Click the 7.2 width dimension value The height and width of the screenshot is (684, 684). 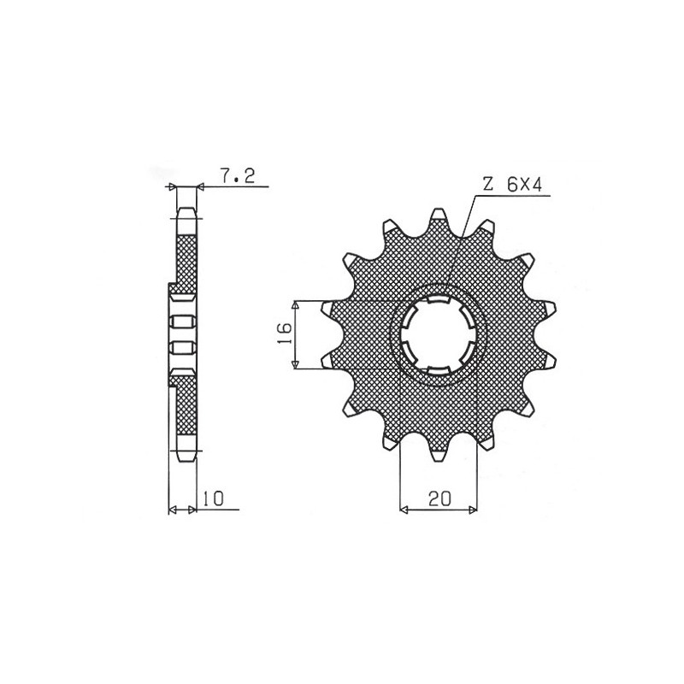pyautogui.click(x=233, y=178)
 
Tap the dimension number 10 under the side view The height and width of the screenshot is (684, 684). pyautogui.click(x=213, y=499)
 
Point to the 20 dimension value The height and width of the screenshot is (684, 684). pyautogui.click(x=442, y=499)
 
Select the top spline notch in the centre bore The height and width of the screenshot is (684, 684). pyautogui.click(x=439, y=302)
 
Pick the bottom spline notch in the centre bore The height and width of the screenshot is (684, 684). pyautogui.click(x=439, y=369)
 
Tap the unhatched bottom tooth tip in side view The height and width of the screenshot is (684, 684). pyautogui.click(x=186, y=451)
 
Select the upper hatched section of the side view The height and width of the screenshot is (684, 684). pyautogui.click(x=186, y=256)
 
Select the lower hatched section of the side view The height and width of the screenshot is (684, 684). pyautogui.click(x=186, y=410)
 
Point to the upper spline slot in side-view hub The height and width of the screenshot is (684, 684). pyautogui.click(x=180, y=321)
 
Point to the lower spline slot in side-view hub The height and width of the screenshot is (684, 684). pyautogui.click(x=180, y=346)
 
